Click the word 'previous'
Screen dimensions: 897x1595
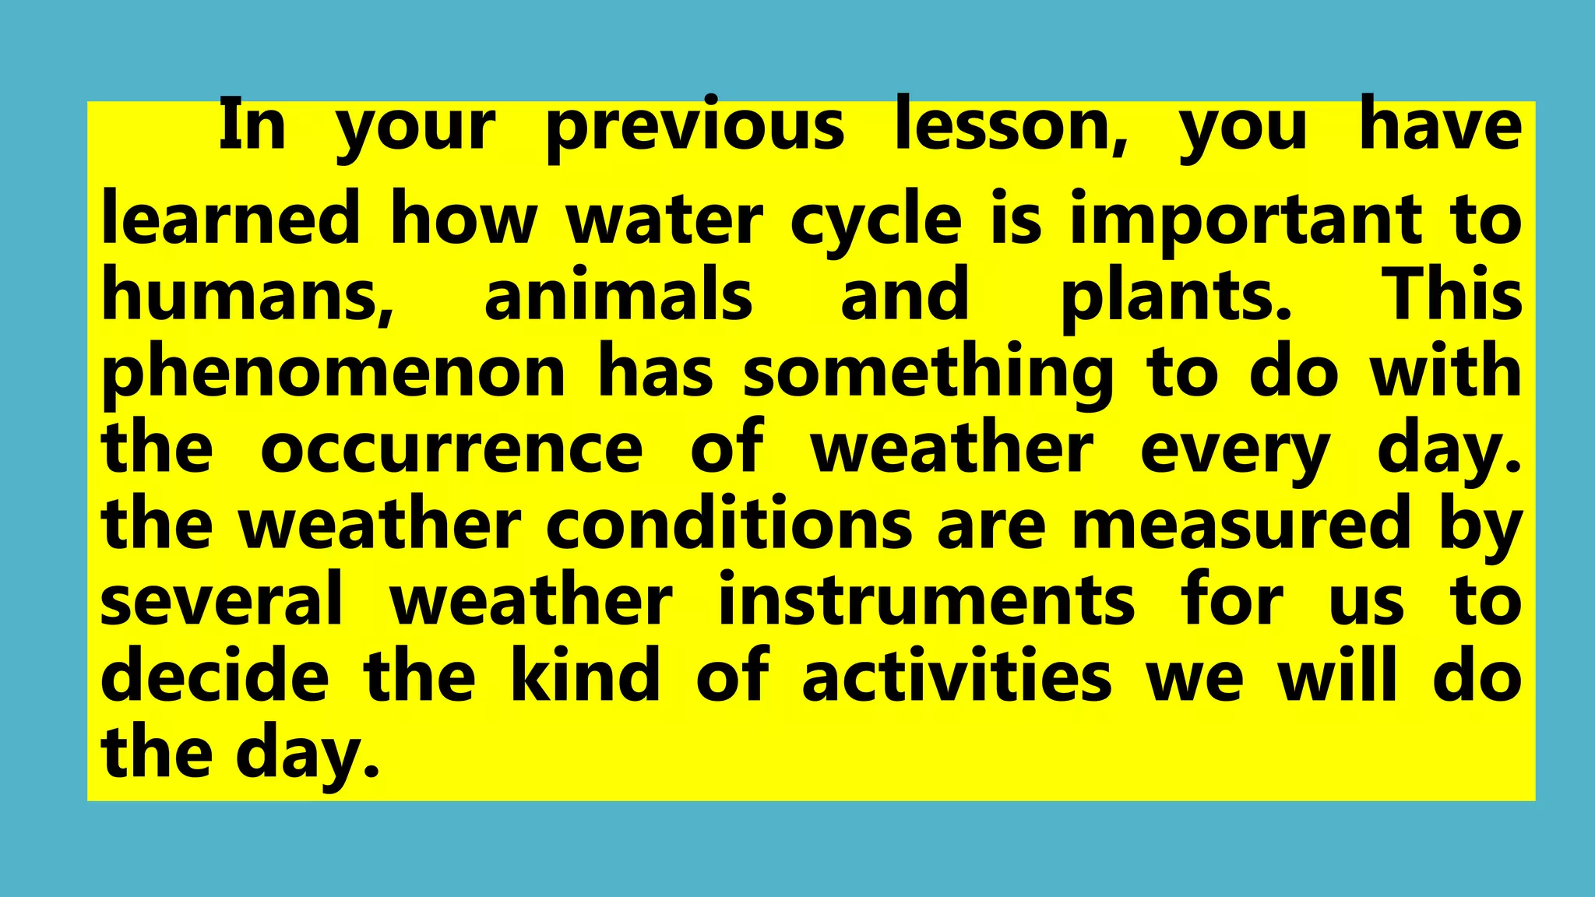pos(695,127)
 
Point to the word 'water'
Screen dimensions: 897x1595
pos(664,220)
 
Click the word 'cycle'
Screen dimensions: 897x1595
pos(876,220)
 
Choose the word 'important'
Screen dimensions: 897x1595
pos(1246,220)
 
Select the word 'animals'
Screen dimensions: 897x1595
pos(618,294)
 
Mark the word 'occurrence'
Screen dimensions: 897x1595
pos(452,449)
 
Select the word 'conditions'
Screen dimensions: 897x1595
pos(729,524)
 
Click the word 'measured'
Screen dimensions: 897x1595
pos(1241,524)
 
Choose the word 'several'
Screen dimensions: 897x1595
pos(222,600)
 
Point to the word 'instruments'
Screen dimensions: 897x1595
pos(926,600)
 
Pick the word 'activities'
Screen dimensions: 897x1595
pos(956,676)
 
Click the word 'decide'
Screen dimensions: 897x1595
pos(215,676)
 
